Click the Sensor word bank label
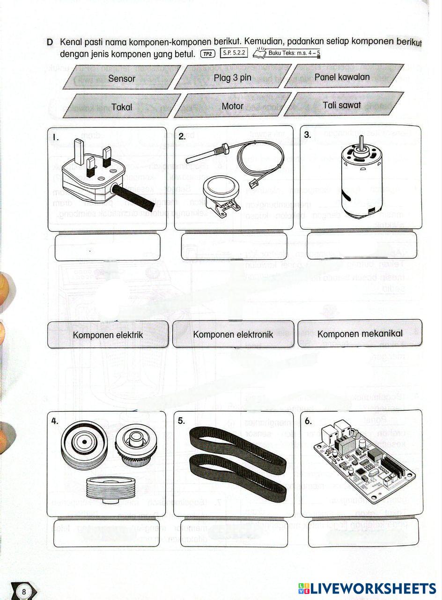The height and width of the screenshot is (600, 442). tap(122, 78)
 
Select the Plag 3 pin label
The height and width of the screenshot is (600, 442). tap(232, 78)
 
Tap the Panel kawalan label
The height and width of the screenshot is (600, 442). tap(342, 77)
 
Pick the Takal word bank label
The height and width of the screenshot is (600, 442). tap(122, 107)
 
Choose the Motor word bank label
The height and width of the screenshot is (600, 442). tap(232, 106)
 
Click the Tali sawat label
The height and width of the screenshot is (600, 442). tap(342, 105)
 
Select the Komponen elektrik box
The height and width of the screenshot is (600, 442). tap(108, 335)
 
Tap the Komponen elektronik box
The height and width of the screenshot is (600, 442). tap(233, 334)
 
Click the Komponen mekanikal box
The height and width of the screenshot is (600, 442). tap(360, 333)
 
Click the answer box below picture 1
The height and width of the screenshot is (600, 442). tap(107, 247)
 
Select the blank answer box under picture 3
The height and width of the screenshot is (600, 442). tap(361, 245)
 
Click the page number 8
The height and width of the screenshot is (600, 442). tap(24, 592)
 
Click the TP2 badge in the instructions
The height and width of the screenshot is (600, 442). tap(206, 53)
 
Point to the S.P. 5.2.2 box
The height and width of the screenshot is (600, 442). tap(233, 53)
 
